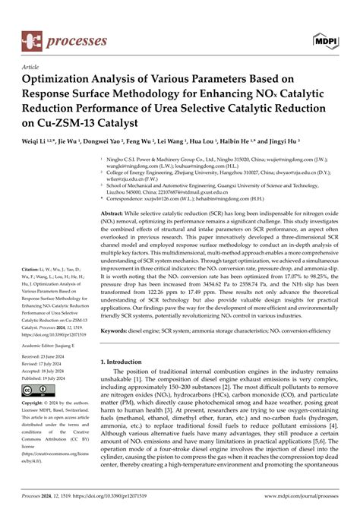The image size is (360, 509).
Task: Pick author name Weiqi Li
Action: pos(35,142)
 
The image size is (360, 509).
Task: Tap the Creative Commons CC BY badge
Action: pos(36,391)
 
